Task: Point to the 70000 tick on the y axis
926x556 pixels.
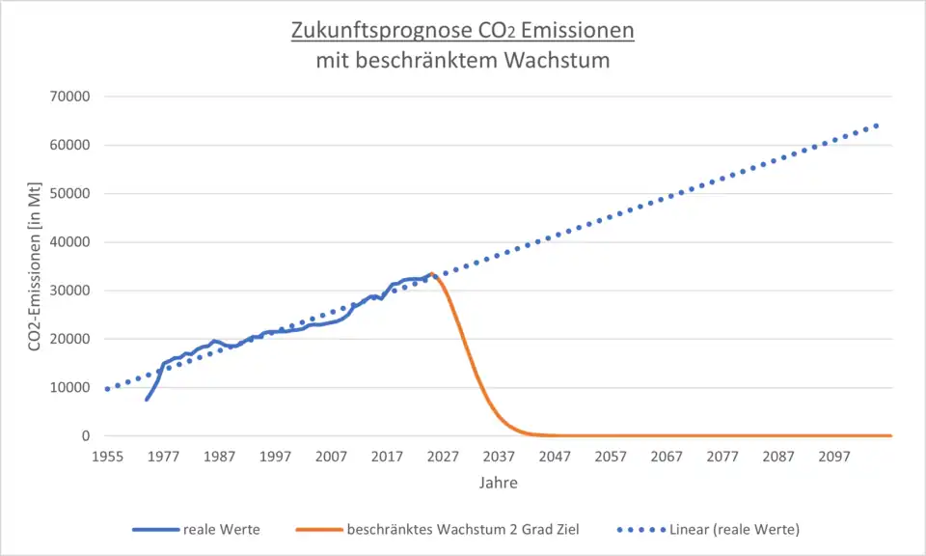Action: tap(69, 97)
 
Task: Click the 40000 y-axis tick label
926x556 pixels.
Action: tap(69, 242)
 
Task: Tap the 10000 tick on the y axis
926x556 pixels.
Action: tap(69, 388)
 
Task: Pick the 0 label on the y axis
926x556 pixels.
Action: tap(86, 436)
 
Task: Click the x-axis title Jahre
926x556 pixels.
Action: tap(498, 483)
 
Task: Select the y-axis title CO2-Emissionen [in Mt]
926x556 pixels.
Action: tap(35, 265)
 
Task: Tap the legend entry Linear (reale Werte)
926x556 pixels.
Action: tap(734, 529)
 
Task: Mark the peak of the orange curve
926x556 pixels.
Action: tap(431, 274)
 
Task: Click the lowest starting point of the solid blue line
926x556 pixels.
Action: tap(147, 400)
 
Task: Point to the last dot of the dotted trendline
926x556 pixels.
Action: tap(877, 125)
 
